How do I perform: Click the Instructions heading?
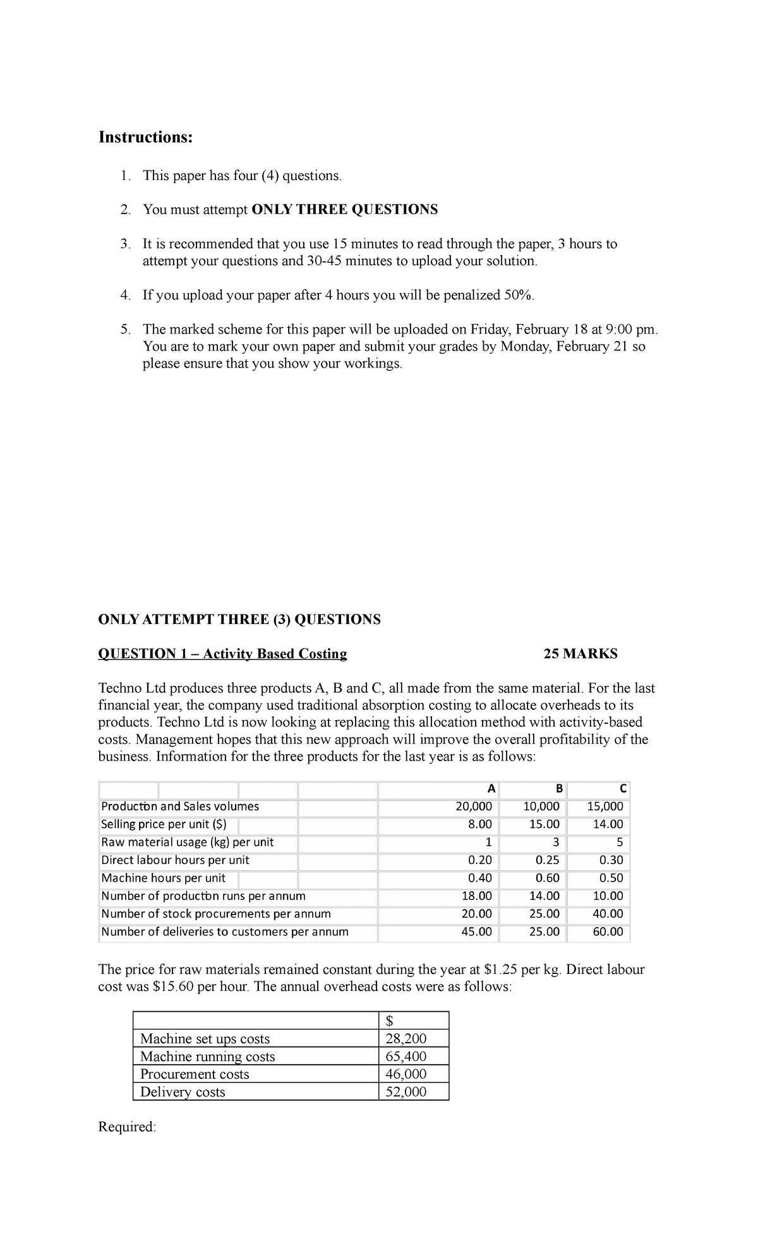point(145,137)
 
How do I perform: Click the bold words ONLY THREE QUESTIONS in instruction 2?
point(344,210)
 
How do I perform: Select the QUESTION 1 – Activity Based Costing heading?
point(222,654)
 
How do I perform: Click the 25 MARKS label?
point(580,654)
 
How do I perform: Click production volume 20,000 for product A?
point(474,807)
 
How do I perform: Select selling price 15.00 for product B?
point(544,824)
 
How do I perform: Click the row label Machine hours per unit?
point(163,878)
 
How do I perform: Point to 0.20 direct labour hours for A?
point(479,860)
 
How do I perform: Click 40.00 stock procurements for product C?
point(608,914)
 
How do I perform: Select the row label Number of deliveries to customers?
point(224,932)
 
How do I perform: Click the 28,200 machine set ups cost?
point(406,1038)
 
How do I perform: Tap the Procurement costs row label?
point(195,1074)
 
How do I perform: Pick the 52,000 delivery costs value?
point(406,1091)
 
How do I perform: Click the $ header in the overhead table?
point(390,1021)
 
